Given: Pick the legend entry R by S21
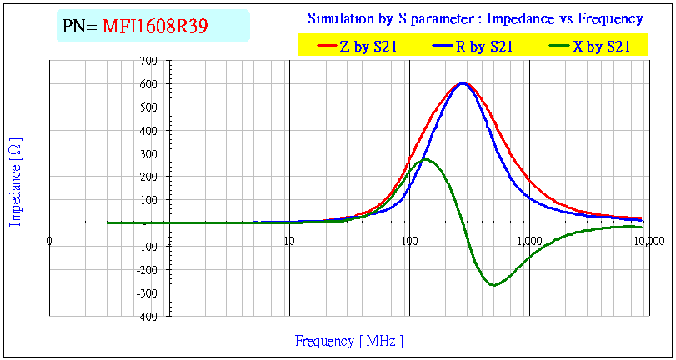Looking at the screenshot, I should pos(483,47).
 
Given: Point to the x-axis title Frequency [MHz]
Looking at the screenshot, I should pos(349,341).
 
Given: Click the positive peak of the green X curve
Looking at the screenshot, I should pos(426,159).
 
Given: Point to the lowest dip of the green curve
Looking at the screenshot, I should pos(493,285).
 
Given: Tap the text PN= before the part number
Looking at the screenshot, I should pos(80,27).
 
